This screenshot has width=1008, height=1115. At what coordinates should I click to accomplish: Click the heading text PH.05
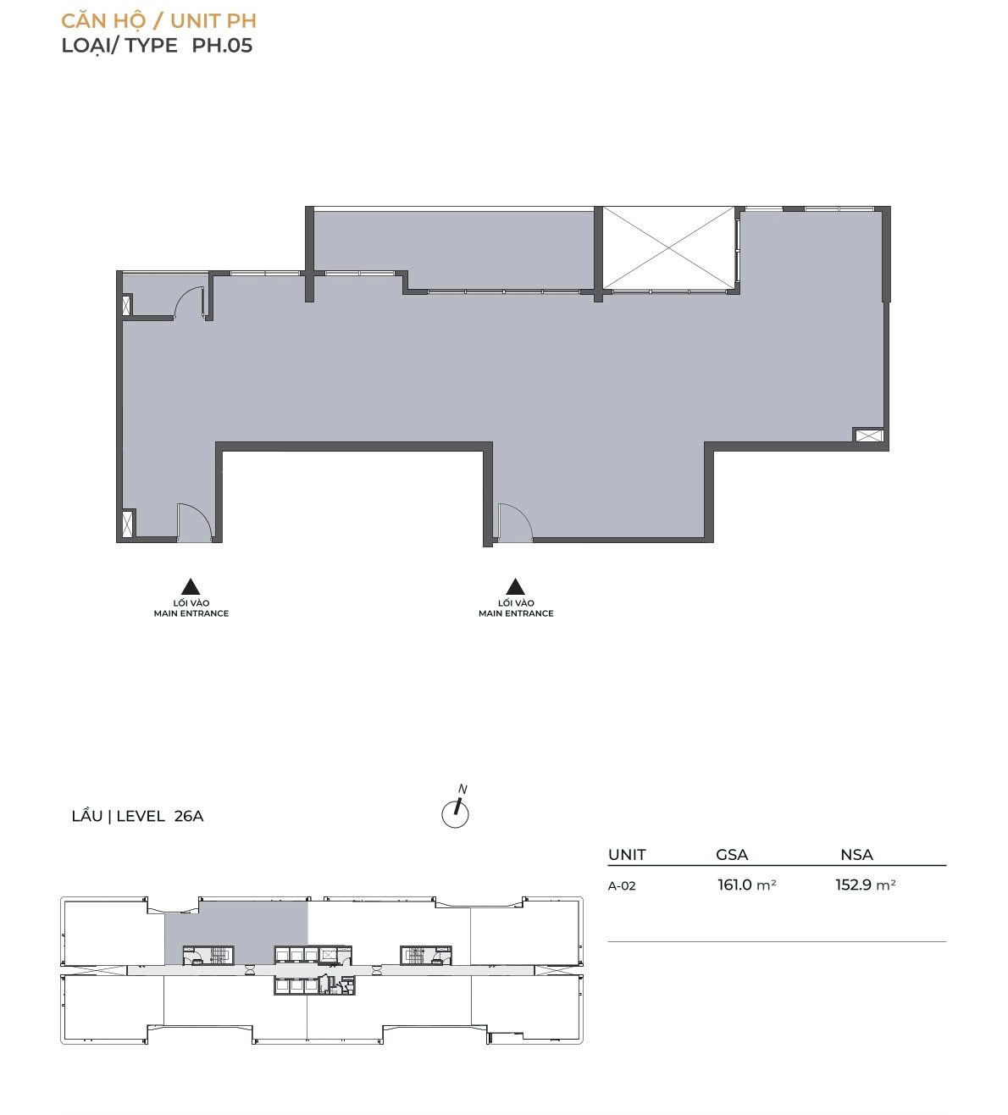point(222,45)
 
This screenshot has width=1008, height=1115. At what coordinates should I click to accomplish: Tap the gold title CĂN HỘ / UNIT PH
point(159,20)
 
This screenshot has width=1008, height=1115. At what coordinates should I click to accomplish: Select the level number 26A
point(189,816)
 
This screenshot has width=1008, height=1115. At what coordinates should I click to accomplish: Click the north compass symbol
point(456,810)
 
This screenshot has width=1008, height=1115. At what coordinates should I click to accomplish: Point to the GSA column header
point(732,854)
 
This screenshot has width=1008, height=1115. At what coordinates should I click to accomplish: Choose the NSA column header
point(857,854)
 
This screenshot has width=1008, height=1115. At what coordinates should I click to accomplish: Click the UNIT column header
point(627,854)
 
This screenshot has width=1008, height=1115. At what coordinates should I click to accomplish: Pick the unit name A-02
point(622,885)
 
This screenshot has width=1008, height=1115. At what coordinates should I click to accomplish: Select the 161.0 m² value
point(747,885)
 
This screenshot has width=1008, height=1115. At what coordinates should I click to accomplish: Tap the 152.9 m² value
point(865,885)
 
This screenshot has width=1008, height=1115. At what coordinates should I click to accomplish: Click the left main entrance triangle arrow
point(191,587)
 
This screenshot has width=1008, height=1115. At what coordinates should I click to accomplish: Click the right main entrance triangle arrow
point(516,587)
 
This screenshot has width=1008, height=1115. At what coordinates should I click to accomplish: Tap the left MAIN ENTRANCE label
point(191,613)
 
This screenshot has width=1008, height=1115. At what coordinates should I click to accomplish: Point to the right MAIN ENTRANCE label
point(516,613)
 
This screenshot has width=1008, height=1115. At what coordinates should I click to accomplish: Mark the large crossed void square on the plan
point(669,248)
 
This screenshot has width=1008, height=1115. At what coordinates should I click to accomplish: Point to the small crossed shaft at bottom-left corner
point(128,523)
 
